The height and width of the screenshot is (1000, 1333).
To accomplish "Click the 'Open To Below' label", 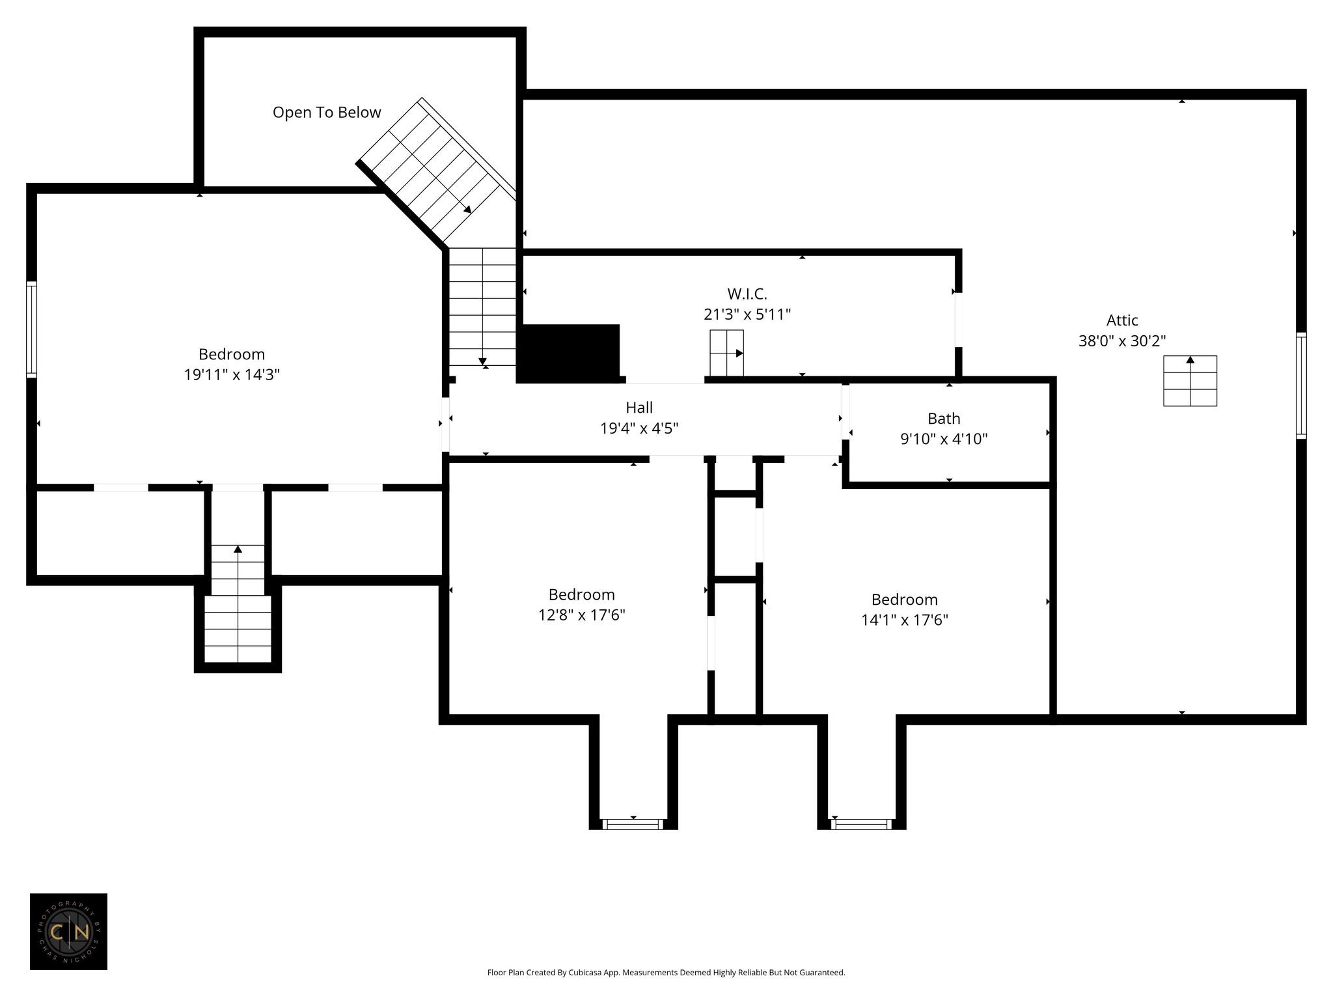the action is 327,113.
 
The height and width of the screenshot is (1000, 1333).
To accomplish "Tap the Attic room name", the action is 1122,320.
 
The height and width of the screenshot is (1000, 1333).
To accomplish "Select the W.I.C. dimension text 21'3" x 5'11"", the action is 747,314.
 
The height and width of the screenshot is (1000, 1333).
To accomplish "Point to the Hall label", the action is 639,408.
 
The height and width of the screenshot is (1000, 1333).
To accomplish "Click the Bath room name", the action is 944,419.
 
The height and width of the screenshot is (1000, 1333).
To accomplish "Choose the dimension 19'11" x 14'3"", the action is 232,375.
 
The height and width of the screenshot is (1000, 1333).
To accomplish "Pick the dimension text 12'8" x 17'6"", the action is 581,615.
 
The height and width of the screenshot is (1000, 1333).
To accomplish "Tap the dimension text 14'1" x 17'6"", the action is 905,620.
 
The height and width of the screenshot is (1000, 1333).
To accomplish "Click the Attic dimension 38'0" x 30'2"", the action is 1122,341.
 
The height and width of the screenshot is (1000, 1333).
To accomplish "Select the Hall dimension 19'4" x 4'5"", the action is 639,428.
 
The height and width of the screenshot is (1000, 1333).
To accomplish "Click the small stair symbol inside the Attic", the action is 1190,381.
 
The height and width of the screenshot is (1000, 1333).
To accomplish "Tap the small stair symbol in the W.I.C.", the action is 726,353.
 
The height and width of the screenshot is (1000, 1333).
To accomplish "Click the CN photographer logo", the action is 68,932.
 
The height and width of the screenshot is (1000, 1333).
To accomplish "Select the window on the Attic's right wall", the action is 1301,385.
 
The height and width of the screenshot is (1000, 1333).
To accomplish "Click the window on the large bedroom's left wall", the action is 31,329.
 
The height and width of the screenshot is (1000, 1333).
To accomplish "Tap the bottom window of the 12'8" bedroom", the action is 633,824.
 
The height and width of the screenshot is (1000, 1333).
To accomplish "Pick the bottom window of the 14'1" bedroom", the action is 861,824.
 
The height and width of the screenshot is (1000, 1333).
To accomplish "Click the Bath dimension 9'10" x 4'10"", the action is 944,439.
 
